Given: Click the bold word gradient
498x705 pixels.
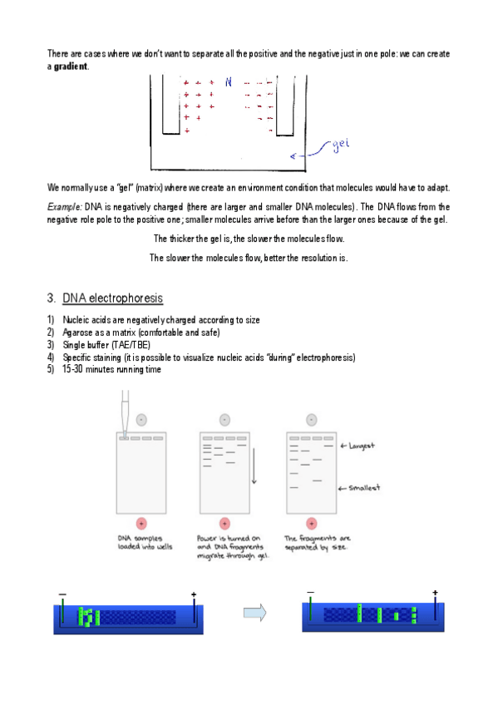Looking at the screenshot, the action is pos(71,67).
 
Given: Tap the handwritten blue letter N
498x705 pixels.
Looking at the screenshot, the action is pos(229,81).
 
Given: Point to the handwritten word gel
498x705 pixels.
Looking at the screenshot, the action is pos(341,145).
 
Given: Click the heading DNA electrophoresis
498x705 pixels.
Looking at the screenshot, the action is pos(112,298).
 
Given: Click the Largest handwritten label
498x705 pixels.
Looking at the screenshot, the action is pos(362,446).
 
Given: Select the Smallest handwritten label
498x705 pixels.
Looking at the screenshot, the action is pos(364,488).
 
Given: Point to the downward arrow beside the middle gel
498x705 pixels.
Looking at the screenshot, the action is pos(254,466).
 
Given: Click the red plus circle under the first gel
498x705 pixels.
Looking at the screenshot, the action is pos(141,524).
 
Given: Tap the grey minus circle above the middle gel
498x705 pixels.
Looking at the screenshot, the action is pos(224,420).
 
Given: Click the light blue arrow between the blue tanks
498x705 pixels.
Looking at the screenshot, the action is pos(255,613).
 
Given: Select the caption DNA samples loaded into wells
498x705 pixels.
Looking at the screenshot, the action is pos(145,543).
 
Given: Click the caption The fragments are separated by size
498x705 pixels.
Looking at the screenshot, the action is pos(317,543).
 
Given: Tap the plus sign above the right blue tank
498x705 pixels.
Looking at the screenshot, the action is pos(435,593).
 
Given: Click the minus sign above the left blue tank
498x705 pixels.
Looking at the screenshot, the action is pos(62,594).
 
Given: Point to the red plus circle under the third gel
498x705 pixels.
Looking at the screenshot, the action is pos(312,524).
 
